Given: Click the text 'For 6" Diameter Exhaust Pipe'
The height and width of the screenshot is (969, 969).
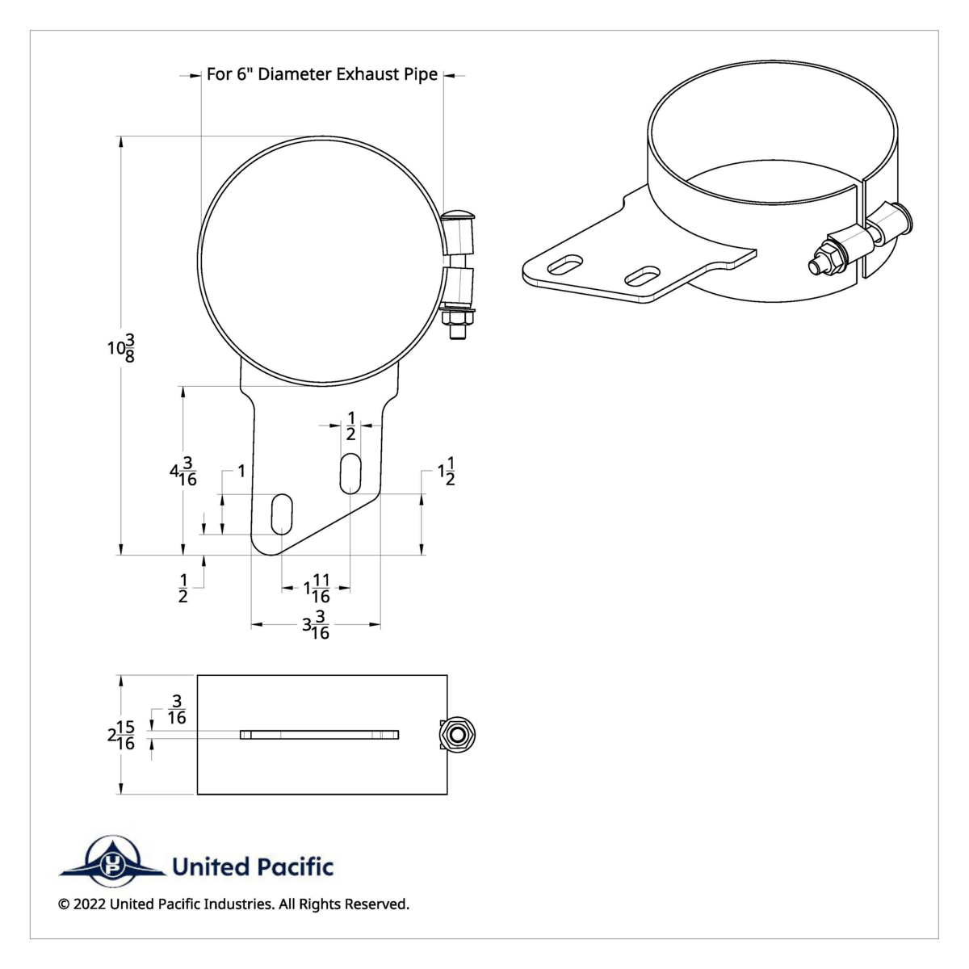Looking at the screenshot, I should [x=322, y=74].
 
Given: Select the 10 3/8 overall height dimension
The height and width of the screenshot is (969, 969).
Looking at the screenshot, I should [x=121, y=348].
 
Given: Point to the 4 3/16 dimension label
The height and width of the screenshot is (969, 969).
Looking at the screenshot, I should [x=183, y=471].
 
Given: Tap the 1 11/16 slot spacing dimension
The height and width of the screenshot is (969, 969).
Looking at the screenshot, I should [x=317, y=589].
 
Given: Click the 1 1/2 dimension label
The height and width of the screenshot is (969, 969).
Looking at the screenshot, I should [x=446, y=472].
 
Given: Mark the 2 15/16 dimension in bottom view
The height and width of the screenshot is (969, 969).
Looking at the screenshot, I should [x=120, y=735].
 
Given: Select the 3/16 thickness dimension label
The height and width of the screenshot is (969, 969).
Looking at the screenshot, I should [x=176, y=709].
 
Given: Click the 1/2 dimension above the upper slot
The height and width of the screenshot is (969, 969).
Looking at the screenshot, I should [x=350, y=426].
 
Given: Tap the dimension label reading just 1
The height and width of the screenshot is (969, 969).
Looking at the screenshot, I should [x=241, y=470].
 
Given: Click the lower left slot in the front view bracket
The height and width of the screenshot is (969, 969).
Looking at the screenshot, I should [x=282, y=514].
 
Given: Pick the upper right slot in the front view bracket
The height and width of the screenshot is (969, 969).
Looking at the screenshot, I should [x=350, y=473].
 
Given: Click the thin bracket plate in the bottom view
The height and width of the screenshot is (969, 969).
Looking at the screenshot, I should [x=319, y=735].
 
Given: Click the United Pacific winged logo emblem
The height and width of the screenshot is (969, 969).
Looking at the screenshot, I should [x=112, y=862].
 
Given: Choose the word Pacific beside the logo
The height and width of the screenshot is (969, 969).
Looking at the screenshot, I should [x=295, y=867].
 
